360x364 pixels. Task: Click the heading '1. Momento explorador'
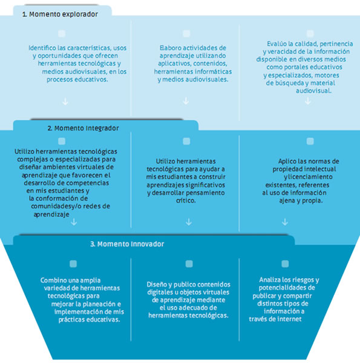(x=60, y=14)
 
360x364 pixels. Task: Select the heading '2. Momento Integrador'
(x=83, y=128)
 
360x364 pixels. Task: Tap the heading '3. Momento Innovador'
(x=127, y=244)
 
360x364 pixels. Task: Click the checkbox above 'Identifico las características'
(x=62, y=34)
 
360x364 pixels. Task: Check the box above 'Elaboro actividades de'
(x=186, y=34)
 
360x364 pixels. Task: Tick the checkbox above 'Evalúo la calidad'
(x=310, y=34)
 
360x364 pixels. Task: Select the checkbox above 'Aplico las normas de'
(x=310, y=141)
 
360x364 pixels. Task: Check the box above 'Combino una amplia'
(x=73, y=264)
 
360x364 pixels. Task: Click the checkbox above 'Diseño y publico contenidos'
(x=189, y=264)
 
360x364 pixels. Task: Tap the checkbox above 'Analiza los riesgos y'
(x=285, y=264)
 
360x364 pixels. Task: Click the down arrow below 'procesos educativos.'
(x=65, y=102)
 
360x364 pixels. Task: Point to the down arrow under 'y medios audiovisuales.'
(x=186, y=101)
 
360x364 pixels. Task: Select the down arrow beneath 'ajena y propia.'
(x=285, y=222)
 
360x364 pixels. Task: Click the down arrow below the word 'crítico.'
(x=189, y=222)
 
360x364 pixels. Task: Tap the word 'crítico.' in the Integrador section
(x=186, y=200)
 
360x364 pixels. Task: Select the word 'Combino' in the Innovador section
(x=51, y=280)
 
